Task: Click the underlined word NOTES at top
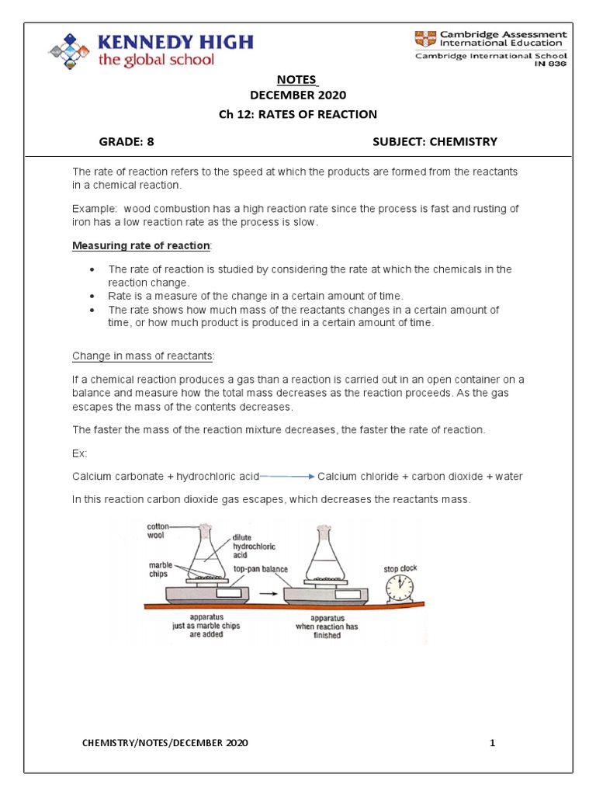297,79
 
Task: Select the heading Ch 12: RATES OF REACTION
298,114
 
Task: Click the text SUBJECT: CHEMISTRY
435,141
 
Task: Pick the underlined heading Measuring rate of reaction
141,246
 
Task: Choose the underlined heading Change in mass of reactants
143,356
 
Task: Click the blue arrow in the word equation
286,476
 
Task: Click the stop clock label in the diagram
400,569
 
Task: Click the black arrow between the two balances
265,594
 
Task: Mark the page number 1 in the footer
492,743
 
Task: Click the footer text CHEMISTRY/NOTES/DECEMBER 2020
165,743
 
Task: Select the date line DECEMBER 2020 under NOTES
298,95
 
